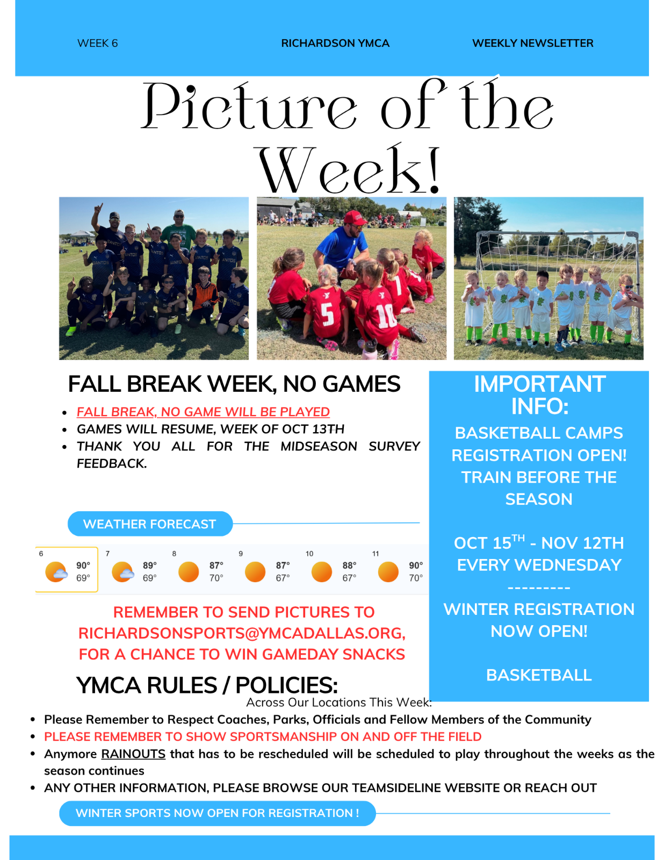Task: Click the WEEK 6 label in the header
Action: coord(97,43)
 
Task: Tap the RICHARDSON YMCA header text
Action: coord(335,43)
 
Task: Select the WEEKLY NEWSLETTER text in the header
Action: coord(532,43)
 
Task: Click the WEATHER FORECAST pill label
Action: coord(149,524)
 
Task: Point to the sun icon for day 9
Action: coord(255,572)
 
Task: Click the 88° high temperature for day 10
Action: coord(349,565)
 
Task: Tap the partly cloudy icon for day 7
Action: coord(122,572)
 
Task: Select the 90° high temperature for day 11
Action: coord(416,565)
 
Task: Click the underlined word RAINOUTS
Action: coord(133,754)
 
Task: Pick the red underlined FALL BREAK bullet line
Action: coord(203,412)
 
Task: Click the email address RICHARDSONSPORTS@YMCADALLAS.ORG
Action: coord(242,633)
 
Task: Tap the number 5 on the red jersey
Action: coord(327,314)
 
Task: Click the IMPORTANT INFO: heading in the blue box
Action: coord(539,395)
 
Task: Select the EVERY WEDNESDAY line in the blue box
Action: coord(539,565)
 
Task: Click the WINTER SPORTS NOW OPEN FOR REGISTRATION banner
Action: coord(217,813)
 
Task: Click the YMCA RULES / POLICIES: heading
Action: coord(207,685)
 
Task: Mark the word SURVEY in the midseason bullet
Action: coord(394,447)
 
